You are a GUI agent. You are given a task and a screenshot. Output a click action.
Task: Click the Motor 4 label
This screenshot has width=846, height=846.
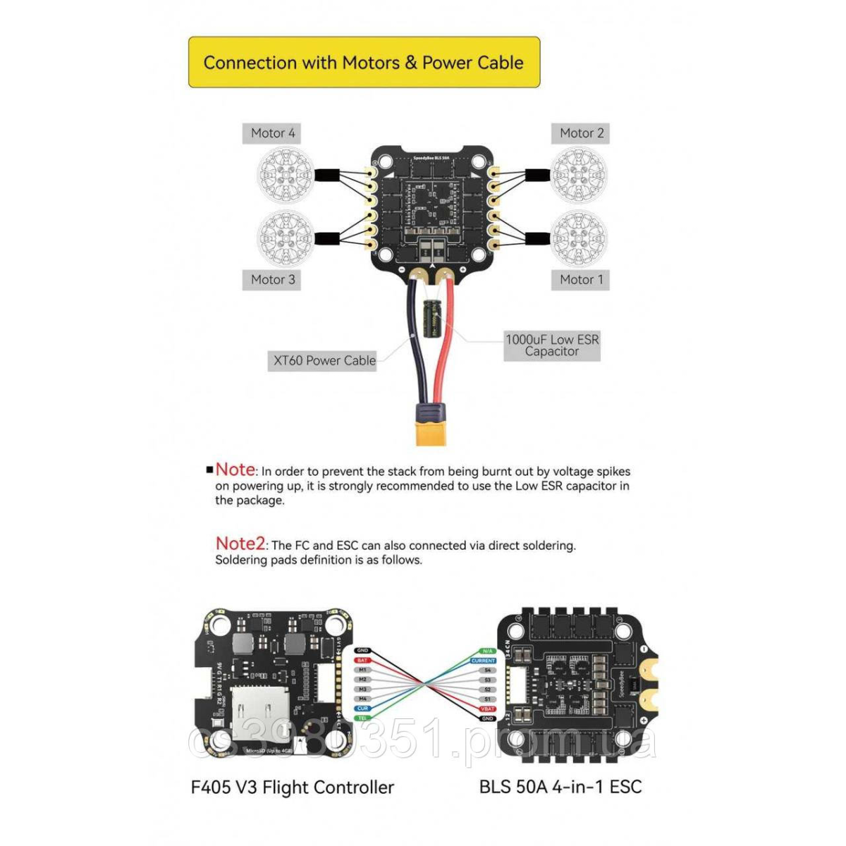272,133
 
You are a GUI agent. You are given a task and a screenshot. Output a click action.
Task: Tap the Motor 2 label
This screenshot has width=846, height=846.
581,133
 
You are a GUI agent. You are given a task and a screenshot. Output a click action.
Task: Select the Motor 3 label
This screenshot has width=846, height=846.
272,280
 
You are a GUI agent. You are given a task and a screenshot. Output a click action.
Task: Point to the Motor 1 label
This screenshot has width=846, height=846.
581,280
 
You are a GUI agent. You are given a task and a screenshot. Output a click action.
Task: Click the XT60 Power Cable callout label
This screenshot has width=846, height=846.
324,361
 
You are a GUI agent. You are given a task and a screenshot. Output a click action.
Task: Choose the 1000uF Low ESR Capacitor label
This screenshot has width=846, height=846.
552,345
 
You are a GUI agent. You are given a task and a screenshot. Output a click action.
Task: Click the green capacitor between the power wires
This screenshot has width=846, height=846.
431,318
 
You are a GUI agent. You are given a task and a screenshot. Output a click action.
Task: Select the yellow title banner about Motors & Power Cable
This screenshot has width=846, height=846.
364,63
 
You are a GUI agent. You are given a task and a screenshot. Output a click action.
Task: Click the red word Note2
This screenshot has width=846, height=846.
240,544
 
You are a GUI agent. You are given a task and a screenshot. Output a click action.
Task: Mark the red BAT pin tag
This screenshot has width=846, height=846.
363,661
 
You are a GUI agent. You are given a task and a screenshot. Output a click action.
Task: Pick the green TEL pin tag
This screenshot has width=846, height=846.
363,718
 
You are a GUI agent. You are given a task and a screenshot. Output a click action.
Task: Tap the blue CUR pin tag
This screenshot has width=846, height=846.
363,709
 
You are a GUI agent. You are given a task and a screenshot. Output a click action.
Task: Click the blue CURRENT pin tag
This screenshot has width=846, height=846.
484,661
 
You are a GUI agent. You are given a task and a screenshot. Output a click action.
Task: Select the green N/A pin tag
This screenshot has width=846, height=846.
487,651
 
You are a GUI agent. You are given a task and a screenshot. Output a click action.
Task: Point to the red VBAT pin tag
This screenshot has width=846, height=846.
487,709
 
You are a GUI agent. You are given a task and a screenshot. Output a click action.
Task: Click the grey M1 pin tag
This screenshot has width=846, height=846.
363,670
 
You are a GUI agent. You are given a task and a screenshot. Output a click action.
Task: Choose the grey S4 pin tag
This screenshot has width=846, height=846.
487,670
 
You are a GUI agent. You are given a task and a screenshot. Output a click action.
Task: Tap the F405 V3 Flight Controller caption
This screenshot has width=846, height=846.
292,787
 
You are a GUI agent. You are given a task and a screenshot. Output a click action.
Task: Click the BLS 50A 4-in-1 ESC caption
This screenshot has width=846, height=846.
560,787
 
